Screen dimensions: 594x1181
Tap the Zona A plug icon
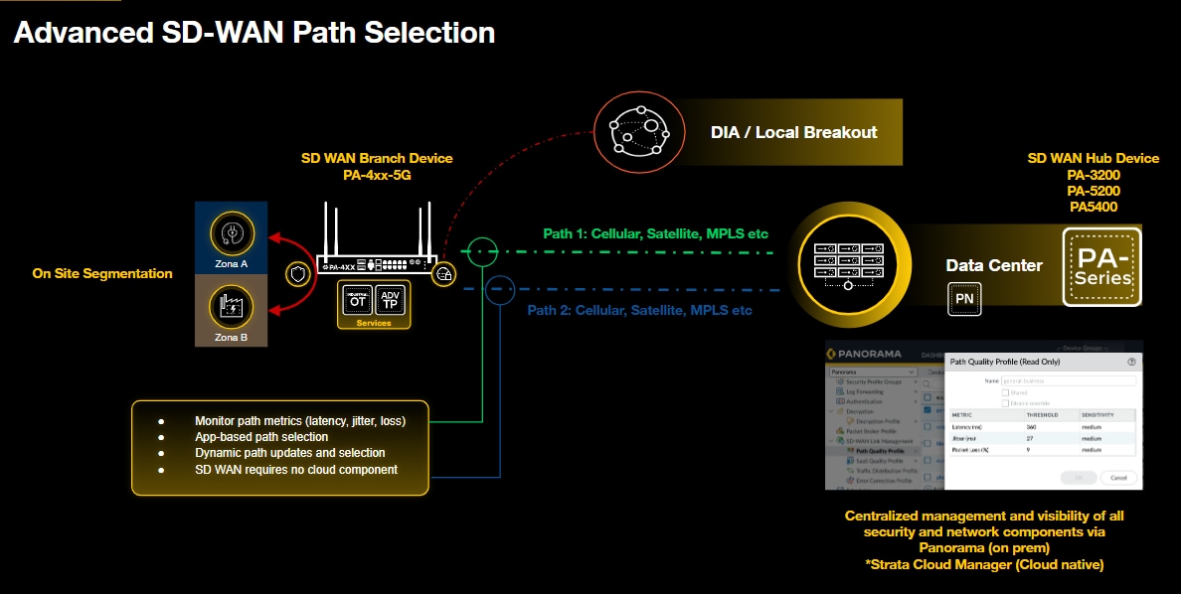tap(232, 234)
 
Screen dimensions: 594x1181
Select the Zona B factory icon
tap(232, 305)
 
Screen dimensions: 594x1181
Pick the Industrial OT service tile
tap(357, 300)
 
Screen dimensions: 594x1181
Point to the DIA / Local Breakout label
tap(793, 132)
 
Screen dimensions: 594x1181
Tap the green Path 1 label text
tap(655, 234)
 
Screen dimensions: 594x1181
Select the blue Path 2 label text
tap(639, 310)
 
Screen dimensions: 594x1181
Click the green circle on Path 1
tap(482, 251)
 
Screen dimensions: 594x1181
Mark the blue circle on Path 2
tap(498, 289)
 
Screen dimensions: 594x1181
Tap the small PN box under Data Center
tap(963, 298)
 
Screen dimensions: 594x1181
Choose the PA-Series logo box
tap(1101, 266)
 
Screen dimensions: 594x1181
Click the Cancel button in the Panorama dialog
tap(1118, 477)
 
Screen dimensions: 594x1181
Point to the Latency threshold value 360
tap(1032, 425)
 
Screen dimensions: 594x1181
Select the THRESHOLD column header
tap(1042, 414)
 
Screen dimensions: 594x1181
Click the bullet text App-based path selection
tap(261, 437)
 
